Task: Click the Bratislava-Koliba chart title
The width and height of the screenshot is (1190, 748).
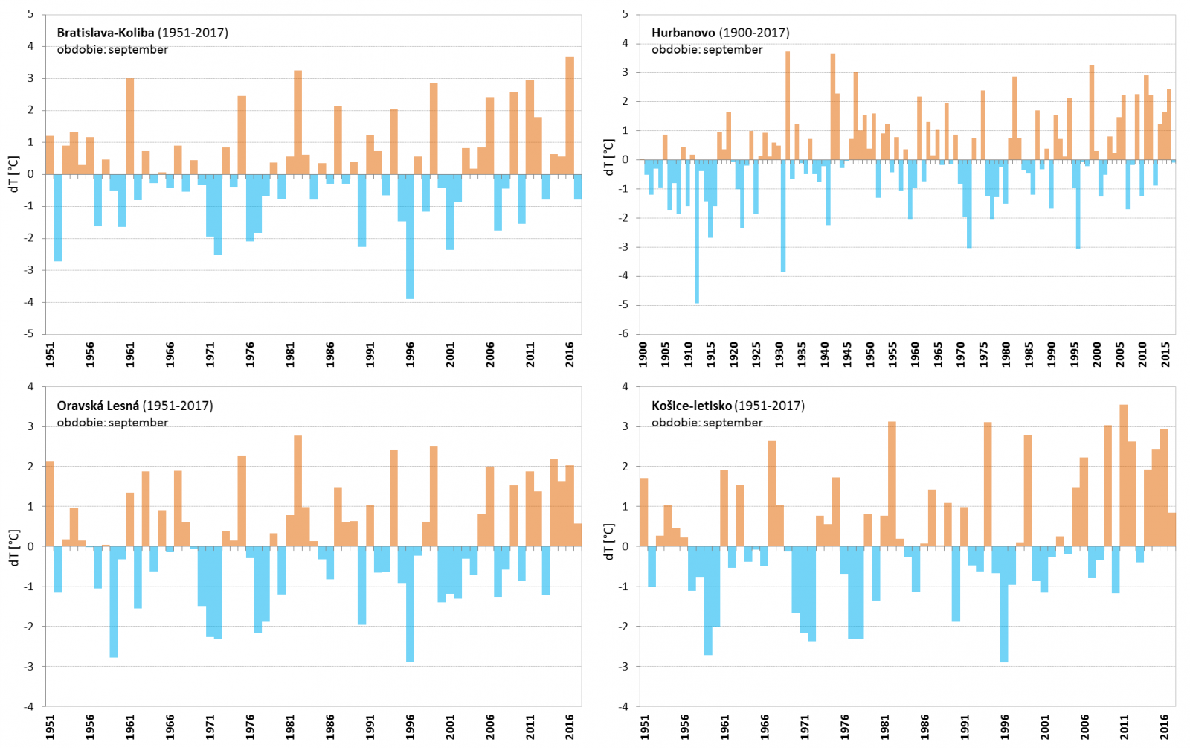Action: pos(142,33)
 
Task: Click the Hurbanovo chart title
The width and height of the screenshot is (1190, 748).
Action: pos(720,33)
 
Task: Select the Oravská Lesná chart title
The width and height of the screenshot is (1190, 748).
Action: pos(135,406)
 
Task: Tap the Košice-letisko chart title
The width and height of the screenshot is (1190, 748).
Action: pos(727,406)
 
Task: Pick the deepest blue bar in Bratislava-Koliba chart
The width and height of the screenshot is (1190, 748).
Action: pos(410,237)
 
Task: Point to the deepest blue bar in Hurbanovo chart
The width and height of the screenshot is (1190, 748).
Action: pos(697,231)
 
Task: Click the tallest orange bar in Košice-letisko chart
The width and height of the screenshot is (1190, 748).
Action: pos(1124,476)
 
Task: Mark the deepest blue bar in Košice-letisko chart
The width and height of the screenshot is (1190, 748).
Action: pos(1004,604)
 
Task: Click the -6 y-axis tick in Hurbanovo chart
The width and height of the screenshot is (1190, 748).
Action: pos(625,333)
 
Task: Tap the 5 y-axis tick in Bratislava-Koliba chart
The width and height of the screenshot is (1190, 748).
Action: pos(30,14)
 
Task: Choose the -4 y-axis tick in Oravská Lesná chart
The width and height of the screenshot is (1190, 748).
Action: pos(30,706)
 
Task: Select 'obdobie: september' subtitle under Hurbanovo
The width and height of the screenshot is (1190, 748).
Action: pos(707,50)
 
